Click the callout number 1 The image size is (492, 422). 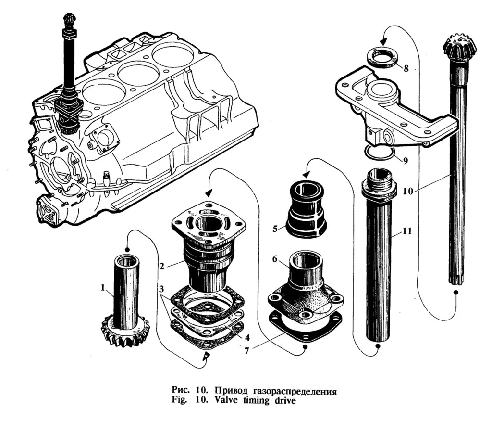coord(102,288)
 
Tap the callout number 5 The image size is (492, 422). coord(275,229)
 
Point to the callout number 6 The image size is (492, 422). coord(275,259)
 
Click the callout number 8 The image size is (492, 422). coord(406,68)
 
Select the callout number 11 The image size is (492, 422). coord(407,231)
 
